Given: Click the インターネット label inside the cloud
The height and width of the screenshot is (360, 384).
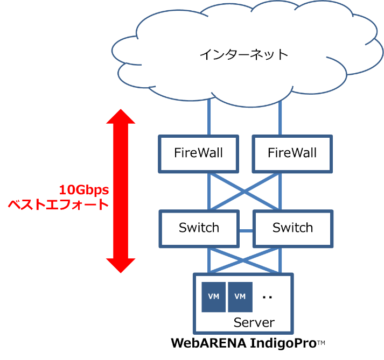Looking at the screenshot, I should pos(243,54).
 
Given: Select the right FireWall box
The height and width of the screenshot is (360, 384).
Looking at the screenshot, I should pos(292,152).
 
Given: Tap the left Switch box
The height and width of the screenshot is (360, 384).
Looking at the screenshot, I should pos(199,228).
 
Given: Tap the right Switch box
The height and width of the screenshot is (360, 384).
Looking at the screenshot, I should pos(292,228).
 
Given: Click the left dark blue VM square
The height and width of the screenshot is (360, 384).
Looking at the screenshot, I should pos(214,297).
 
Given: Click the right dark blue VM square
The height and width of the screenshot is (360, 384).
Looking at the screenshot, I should pos(240,297).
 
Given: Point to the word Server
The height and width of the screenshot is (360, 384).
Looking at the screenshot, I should pos(254,322).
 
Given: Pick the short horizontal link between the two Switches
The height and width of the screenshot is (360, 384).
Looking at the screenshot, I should pos(246,231).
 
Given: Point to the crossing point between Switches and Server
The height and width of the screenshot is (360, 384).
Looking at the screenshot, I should pos(244,259).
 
